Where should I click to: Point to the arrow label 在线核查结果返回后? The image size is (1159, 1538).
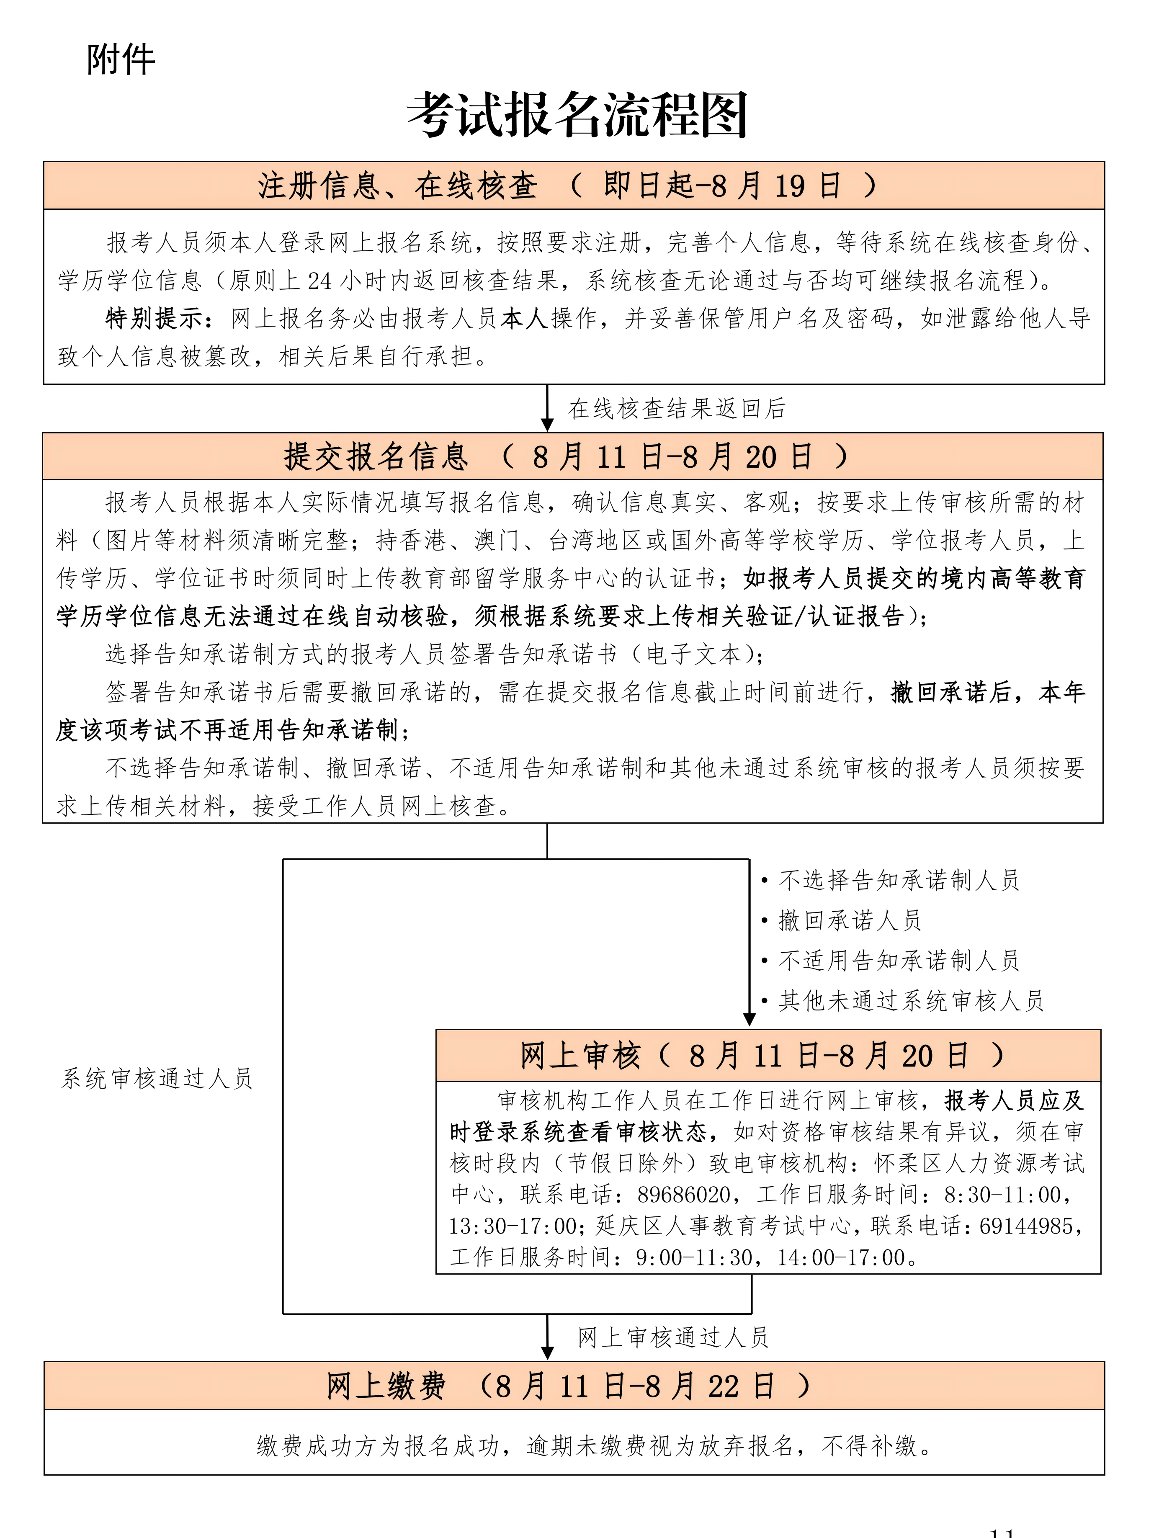tap(677, 409)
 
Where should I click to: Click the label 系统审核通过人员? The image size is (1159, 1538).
tap(157, 1078)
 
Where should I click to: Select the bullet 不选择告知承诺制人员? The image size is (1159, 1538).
tap(898, 880)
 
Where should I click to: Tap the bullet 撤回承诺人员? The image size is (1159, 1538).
tap(850, 920)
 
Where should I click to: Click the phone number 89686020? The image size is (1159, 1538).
tap(683, 1195)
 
